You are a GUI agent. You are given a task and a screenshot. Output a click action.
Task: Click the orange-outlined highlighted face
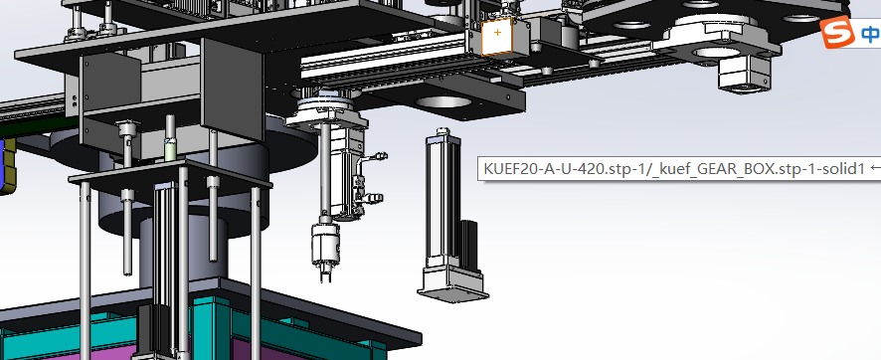coord(497,37)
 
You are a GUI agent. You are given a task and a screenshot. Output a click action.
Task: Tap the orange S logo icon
coord(837,33)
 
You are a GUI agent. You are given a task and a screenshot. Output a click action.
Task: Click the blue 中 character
coord(870,34)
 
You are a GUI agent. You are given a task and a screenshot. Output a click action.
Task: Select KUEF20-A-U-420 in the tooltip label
coord(542,168)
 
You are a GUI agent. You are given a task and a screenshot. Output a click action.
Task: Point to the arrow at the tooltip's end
coord(874,168)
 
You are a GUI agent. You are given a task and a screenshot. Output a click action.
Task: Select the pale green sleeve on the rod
coord(170,150)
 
